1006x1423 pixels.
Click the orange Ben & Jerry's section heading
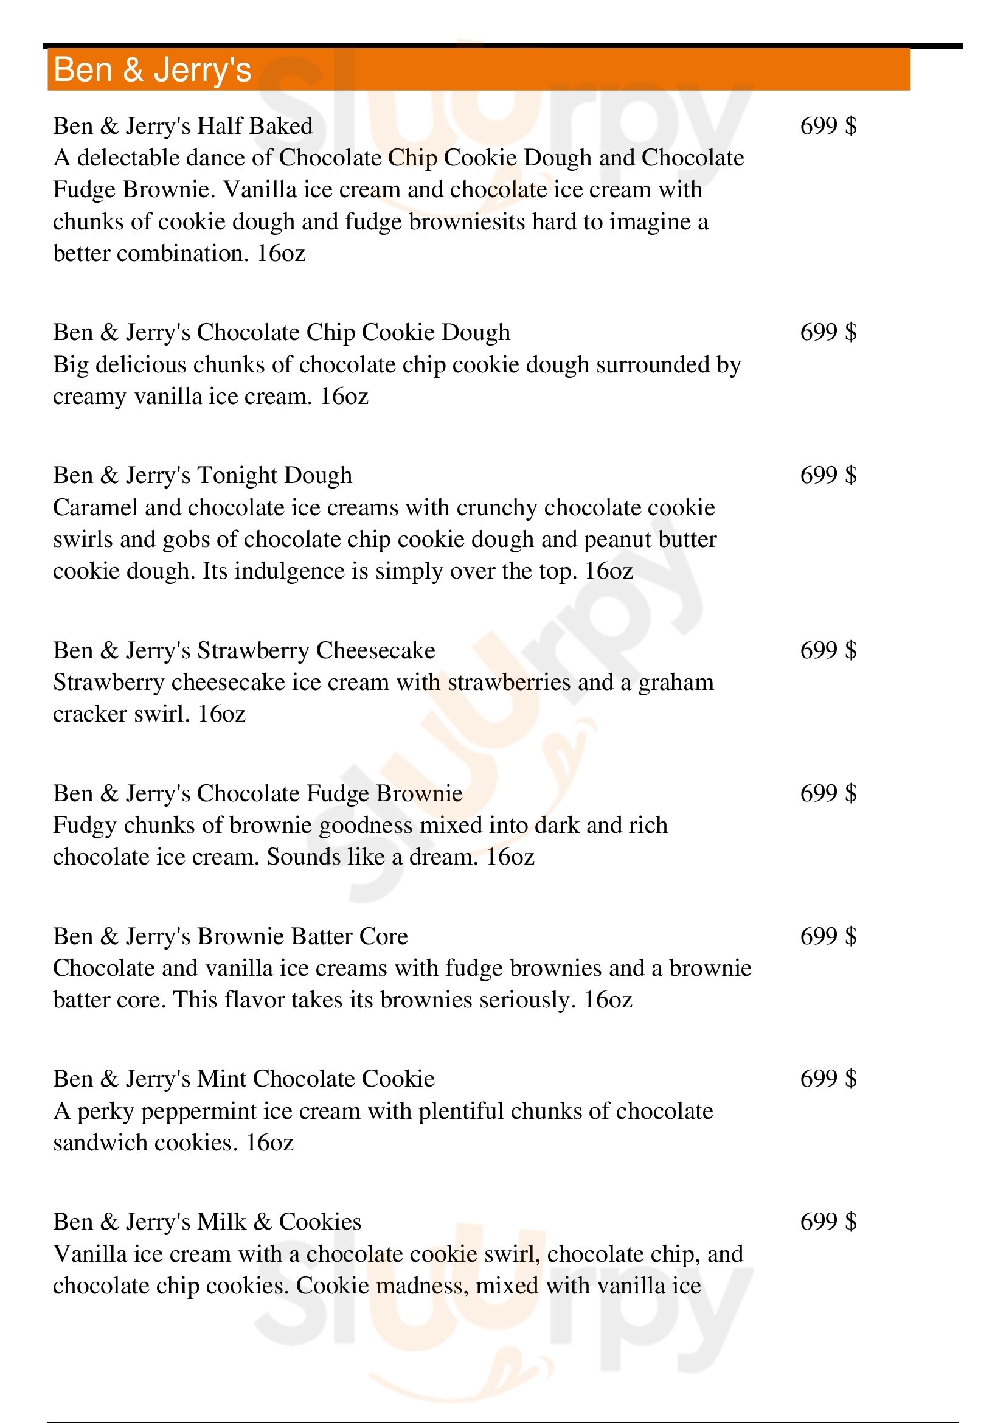pyautogui.click(x=153, y=69)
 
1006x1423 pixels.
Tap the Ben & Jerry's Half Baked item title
pyautogui.click(x=182, y=126)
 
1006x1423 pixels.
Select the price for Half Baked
pyautogui.click(x=828, y=126)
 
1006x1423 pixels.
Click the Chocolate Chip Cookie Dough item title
pyautogui.click(x=281, y=332)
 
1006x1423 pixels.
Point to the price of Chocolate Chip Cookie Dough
pyautogui.click(x=828, y=332)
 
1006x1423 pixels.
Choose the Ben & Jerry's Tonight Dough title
pyautogui.click(x=203, y=475)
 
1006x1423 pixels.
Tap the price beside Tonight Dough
pyautogui.click(x=828, y=475)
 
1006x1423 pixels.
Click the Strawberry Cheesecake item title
pyautogui.click(x=244, y=650)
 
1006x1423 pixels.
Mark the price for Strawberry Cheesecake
pyautogui.click(x=828, y=650)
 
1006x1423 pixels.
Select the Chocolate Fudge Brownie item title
pyautogui.click(x=258, y=793)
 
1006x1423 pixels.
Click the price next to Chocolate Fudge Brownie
pyautogui.click(x=828, y=793)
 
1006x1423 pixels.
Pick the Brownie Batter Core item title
pyautogui.click(x=231, y=936)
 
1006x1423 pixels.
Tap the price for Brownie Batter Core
pyautogui.click(x=828, y=936)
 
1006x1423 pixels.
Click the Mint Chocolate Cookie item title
pyautogui.click(x=244, y=1079)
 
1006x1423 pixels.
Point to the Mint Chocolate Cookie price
pyautogui.click(x=828, y=1079)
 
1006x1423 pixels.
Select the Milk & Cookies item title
pyautogui.click(x=207, y=1222)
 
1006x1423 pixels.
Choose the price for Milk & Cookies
pyautogui.click(x=828, y=1222)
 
